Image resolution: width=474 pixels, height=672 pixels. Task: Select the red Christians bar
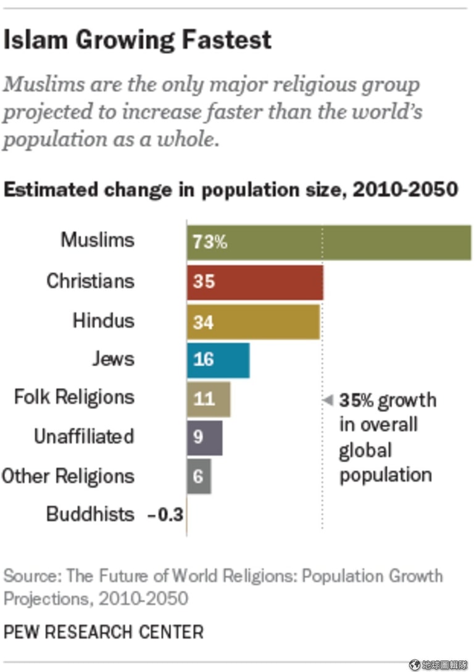pos(255,281)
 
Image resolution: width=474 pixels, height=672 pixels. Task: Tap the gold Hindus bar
pos(253,321)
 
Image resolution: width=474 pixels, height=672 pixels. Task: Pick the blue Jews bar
pos(218,360)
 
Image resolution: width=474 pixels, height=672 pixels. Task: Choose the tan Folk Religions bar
pos(209,399)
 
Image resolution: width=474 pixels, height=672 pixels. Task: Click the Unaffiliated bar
pos(205,438)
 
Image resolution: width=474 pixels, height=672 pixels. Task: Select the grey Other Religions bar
pos(199,476)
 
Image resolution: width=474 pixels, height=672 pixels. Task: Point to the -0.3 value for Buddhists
pos(166,515)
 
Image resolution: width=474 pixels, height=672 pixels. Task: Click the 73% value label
pos(210,242)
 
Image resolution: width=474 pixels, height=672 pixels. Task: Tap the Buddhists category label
pos(90,515)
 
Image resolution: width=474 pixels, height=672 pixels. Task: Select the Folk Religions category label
pos(74,397)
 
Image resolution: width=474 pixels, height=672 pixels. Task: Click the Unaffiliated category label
pos(84,437)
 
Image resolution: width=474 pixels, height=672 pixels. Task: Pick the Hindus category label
pos(103,321)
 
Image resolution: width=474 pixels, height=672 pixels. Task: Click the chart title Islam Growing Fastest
pos(138,40)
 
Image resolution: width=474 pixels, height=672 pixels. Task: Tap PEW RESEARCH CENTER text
pos(103,631)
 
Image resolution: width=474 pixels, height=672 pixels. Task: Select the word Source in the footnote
pos(30,576)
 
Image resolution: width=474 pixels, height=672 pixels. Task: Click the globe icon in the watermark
pos(414,665)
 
